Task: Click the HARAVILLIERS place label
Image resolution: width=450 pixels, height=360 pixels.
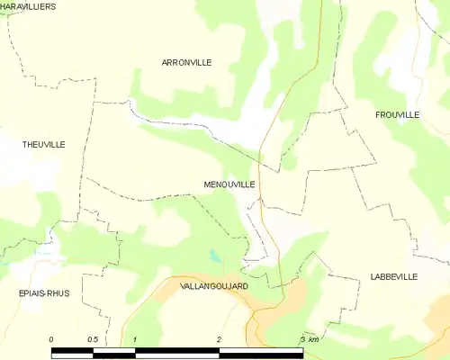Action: pos(28,6)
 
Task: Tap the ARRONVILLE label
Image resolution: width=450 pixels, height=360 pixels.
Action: pos(186,62)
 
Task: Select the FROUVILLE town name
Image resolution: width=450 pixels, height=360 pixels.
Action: pos(397,115)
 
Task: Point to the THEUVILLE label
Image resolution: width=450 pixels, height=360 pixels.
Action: pos(44,144)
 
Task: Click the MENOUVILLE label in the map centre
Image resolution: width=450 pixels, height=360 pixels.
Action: pos(229,184)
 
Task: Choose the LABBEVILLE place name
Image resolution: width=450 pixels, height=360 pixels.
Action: pos(393,277)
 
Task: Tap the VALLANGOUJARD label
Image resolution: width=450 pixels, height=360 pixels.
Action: pos(214,285)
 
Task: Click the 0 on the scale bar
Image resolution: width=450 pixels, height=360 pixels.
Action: pos(51,339)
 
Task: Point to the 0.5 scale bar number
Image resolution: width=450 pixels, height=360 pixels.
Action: pos(93,339)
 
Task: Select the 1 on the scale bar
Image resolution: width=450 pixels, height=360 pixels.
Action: pos(135,339)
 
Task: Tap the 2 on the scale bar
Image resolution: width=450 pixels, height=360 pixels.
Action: pos(219,339)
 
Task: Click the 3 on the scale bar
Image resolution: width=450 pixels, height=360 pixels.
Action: pos(301,339)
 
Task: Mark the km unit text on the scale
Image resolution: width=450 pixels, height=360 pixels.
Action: pos(313,339)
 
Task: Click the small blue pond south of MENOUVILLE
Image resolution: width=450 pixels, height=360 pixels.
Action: pos(214,256)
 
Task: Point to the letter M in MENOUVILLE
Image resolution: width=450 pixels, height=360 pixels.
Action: pos(208,184)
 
